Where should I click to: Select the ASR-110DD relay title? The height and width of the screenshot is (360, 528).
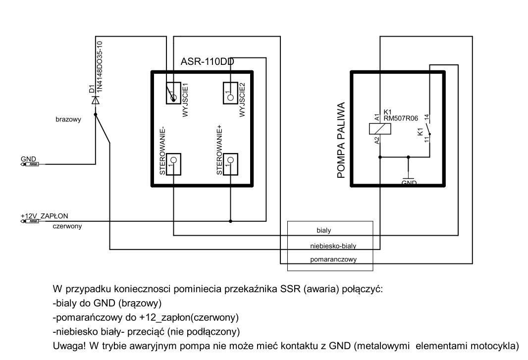coord(207,62)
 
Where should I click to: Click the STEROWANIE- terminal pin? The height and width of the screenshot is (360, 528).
coord(174,160)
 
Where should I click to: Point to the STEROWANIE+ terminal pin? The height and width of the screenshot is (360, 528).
coord(230,160)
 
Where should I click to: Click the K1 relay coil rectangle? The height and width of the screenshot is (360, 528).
coord(379,128)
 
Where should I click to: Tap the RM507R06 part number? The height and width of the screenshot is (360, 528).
coord(400,119)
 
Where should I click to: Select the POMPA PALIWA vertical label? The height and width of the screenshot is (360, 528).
coord(341,141)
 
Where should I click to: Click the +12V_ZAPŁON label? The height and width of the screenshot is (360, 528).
coord(44,215)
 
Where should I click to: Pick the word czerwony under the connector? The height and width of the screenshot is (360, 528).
coord(67,226)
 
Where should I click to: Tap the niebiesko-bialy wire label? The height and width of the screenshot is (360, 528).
coord(333,245)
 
